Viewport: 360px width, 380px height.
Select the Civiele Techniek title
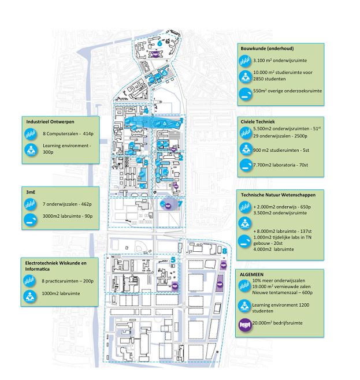[x=257, y=121]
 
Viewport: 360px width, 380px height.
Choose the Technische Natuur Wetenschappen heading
[x=282, y=195]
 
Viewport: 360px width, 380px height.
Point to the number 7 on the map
[x=180, y=204]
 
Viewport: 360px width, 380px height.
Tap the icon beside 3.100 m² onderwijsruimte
[x=246, y=61]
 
